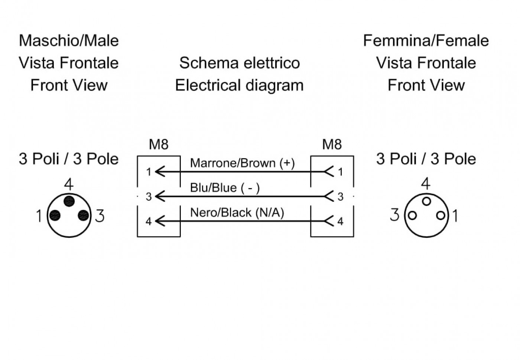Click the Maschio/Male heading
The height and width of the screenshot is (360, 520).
click(x=69, y=41)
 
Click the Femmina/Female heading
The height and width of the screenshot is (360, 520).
click(x=426, y=41)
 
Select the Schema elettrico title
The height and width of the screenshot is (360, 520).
click(x=240, y=63)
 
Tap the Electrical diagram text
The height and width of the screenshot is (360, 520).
click(x=239, y=85)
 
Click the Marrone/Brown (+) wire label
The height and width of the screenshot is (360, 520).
click(x=242, y=163)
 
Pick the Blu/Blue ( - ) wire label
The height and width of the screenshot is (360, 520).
click(x=225, y=188)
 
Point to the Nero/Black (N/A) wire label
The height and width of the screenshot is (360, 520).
click(x=237, y=212)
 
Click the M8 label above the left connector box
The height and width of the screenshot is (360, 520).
click(x=159, y=144)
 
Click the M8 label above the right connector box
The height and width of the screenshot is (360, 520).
click(x=332, y=144)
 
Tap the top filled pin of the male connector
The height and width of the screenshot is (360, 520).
click(x=69, y=201)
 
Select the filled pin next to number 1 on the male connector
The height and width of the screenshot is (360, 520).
click(x=55, y=215)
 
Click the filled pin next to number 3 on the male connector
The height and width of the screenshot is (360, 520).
click(x=83, y=215)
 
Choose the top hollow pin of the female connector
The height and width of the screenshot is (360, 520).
click(x=426, y=201)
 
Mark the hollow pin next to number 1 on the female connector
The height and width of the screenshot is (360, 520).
click(x=441, y=216)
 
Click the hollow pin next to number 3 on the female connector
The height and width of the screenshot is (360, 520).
click(x=412, y=216)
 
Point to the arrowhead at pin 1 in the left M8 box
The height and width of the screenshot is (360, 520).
click(x=160, y=171)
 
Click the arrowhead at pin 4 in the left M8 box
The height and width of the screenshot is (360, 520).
click(x=160, y=221)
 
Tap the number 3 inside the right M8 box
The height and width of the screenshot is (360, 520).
click(x=340, y=197)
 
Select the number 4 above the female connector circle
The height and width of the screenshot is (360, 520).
click(x=426, y=184)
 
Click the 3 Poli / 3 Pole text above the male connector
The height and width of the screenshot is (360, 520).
click(x=69, y=159)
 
